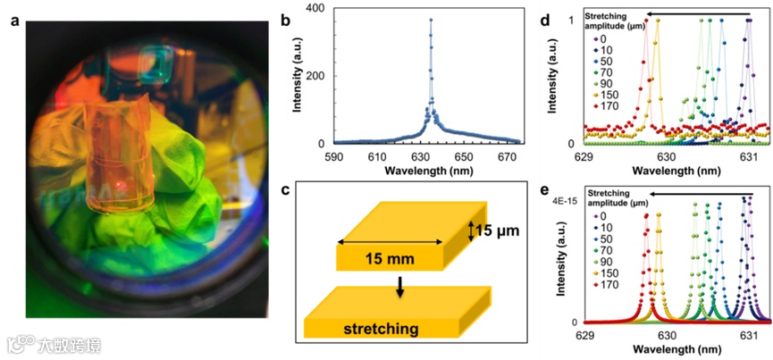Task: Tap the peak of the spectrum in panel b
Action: (430, 20)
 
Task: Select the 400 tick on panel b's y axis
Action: (318, 7)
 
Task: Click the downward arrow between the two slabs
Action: (400, 286)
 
